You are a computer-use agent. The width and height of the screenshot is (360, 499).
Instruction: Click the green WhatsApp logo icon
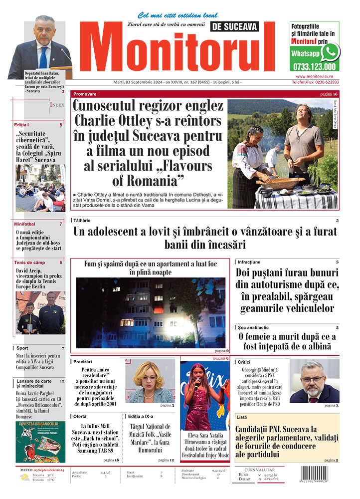330,52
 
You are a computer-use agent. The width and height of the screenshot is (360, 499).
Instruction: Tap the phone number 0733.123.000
314,66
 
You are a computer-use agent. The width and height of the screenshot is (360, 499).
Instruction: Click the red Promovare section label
85,94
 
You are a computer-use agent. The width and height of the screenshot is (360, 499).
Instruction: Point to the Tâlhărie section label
82,220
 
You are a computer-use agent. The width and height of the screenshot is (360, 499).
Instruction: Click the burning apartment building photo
150,312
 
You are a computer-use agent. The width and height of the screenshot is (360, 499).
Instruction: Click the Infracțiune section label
249,261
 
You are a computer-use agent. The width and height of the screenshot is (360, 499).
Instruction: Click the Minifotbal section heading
25,224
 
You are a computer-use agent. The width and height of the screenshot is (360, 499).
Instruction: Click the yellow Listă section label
242,417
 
